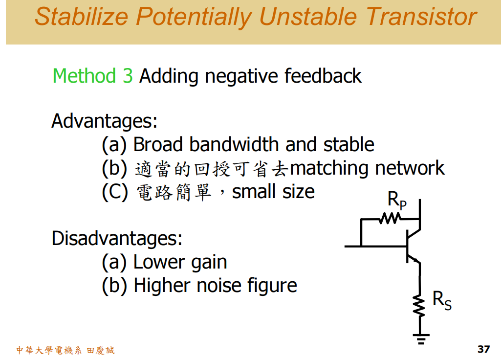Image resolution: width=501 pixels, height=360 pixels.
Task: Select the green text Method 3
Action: coord(92,76)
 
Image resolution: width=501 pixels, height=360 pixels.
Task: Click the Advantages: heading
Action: coord(104,121)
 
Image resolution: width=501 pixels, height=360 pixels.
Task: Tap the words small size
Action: coord(273,191)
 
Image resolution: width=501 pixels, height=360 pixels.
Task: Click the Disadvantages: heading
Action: coord(117,239)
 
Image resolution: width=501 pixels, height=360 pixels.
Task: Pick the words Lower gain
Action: coord(180,263)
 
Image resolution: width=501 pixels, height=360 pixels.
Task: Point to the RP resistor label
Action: coord(396,201)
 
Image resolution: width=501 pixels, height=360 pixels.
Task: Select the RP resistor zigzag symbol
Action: coord(390,218)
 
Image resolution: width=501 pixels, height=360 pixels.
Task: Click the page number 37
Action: coord(483,349)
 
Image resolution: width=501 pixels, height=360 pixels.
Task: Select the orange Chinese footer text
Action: coord(65,350)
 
